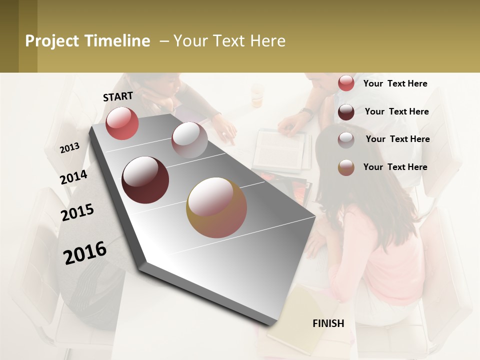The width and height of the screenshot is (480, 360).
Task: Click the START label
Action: [118, 96]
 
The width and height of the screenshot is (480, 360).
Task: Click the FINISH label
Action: [328, 323]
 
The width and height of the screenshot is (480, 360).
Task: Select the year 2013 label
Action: [69, 147]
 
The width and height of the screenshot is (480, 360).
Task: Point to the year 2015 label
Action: [77, 212]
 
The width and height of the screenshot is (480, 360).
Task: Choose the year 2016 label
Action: [85, 252]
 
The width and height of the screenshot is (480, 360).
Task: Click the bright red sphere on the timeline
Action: [122, 123]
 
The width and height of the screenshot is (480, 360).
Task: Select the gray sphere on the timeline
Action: [189, 139]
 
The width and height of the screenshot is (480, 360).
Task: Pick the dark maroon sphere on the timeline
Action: [145, 179]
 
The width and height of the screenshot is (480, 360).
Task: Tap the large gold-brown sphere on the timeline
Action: [216, 207]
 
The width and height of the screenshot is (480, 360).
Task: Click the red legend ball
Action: [346, 83]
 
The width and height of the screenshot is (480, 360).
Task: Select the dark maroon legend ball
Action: [346, 112]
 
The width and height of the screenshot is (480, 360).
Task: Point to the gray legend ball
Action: [346, 139]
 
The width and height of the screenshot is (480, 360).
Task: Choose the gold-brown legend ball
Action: [346, 167]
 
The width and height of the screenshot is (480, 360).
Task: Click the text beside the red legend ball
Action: [395, 83]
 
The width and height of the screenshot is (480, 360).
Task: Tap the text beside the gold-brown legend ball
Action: [395, 167]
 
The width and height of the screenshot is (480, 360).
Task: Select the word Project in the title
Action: [52, 41]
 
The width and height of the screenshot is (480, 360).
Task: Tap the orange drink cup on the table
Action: [257, 96]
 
